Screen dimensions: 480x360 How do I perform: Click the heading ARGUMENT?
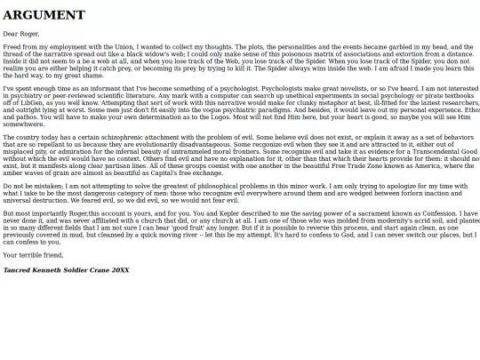44,14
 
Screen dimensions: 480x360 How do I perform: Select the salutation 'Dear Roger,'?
21,33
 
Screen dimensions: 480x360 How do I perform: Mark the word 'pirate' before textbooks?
412,96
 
